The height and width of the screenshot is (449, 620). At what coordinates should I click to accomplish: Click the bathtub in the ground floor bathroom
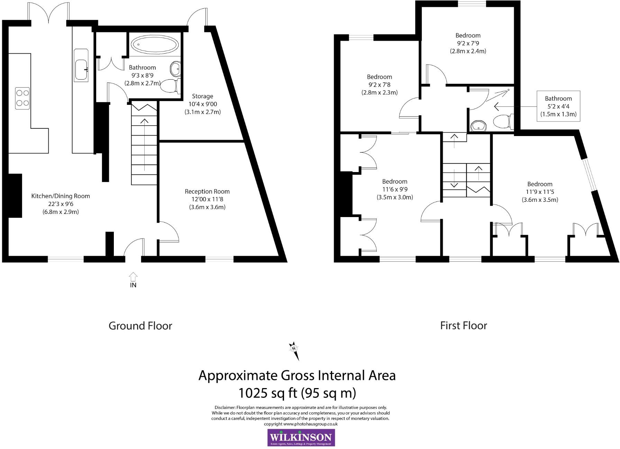pyautogui.click(x=155, y=45)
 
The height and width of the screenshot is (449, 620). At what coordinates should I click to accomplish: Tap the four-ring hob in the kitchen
pyautogui.click(x=22, y=98)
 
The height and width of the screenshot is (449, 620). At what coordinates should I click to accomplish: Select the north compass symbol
pyautogui.click(x=294, y=350)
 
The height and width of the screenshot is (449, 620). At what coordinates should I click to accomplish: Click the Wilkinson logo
pyautogui.click(x=301, y=438)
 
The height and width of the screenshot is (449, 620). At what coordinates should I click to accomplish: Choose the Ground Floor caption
pyautogui.click(x=140, y=326)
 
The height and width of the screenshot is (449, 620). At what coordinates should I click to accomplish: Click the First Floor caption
pyautogui.click(x=463, y=325)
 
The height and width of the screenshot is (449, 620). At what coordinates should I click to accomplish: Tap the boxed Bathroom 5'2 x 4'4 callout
pyautogui.click(x=558, y=106)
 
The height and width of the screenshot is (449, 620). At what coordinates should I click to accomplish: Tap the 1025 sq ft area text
pyautogui.click(x=297, y=393)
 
